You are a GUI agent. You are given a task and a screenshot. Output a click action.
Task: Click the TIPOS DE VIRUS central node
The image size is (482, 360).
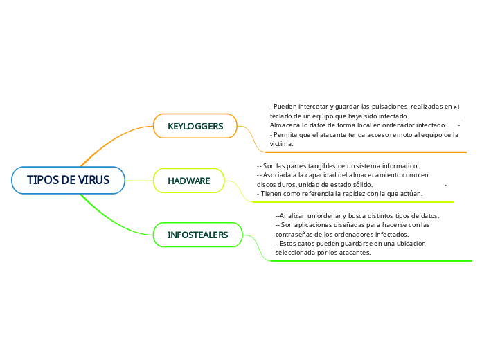click(x=68, y=181)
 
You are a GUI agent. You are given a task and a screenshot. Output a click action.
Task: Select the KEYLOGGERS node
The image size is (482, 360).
click(x=195, y=126)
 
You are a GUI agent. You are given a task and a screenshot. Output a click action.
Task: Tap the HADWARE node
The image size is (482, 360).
click(x=188, y=181)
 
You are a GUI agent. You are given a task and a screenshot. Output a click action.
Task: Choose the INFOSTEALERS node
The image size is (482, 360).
click(x=197, y=235)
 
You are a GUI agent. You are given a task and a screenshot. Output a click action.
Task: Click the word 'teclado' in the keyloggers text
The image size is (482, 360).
click(x=281, y=116)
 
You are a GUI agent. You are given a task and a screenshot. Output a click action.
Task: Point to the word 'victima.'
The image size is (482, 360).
click(x=281, y=144)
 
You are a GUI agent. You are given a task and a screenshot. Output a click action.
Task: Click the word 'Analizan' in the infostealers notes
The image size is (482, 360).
click(x=292, y=216)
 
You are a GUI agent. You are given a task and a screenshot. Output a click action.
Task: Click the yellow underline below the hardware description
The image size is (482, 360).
click(x=353, y=202)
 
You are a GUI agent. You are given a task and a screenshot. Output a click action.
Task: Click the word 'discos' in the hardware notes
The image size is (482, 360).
click(x=266, y=185)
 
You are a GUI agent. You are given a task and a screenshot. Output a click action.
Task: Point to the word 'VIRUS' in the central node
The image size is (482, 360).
click(x=93, y=181)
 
